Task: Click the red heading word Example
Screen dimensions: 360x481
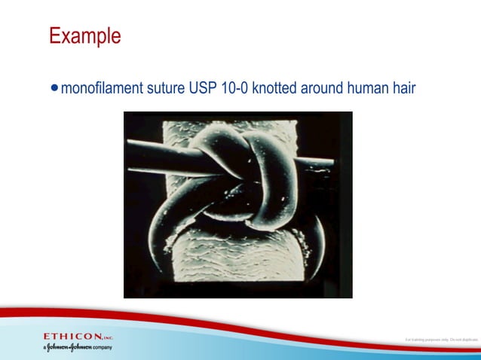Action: (84, 35)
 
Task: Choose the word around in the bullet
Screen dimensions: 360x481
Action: (321, 89)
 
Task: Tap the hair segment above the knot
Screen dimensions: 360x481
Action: (181, 132)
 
